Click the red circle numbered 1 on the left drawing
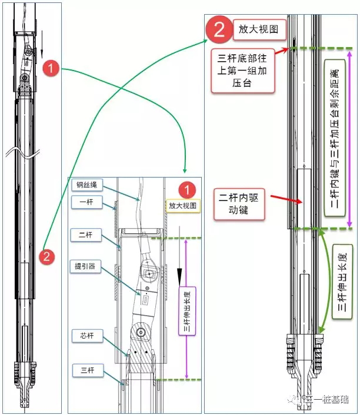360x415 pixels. [x=52, y=69]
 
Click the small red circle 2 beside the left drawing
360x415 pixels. [x=47, y=257]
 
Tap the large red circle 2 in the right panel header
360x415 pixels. [x=218, y=30]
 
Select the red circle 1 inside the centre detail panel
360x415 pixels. [x=186, y=190]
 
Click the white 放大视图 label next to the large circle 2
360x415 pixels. [x=258, y=29]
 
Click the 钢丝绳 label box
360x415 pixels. [x=88, y=185]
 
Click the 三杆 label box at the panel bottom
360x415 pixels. [x=88, y=370]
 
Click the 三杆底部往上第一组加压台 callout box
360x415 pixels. [x=243, y=71]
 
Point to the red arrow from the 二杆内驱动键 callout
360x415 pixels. [x=285, y=199]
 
